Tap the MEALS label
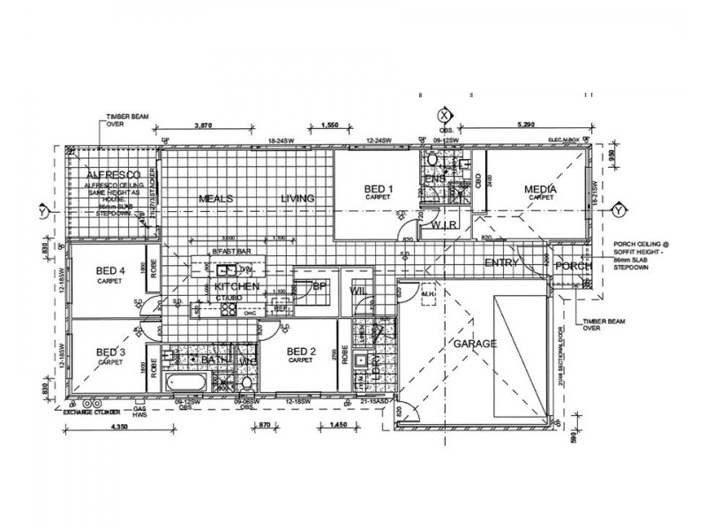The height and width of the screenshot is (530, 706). coord(214,199)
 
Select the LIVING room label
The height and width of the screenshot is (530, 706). coord(297,199)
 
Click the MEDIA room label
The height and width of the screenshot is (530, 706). coord(541,189)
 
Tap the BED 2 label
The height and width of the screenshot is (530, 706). coord(302,352)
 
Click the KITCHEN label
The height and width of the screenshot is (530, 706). coord(237,287)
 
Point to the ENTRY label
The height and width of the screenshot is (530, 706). coord(501,264)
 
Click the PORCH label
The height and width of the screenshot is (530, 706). coord(575,266)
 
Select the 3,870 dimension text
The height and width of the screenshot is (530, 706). coord(204,125)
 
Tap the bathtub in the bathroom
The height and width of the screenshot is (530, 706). coord(188,383)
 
